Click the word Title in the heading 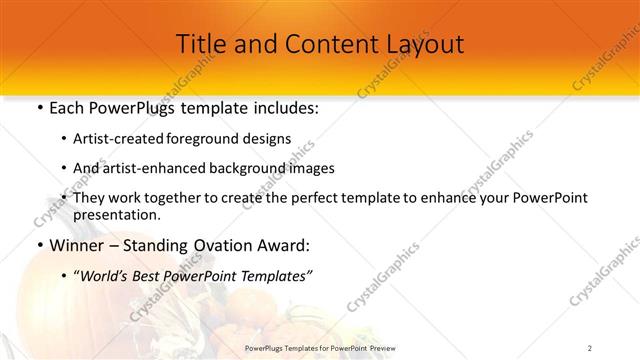200,44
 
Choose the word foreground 209,140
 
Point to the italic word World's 107,276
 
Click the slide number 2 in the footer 590,347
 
